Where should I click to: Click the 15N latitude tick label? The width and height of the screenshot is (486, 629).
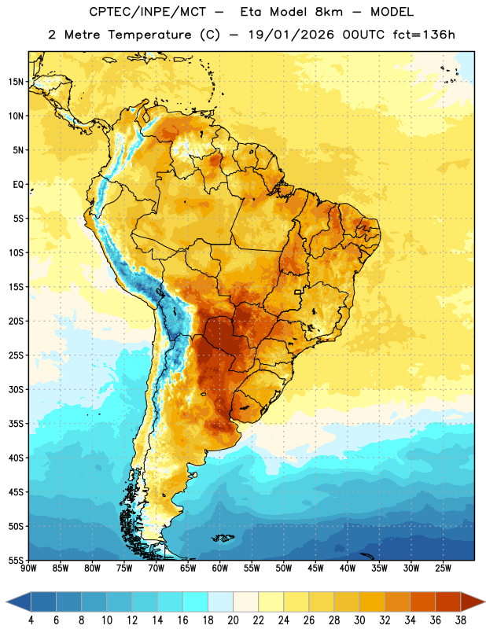(16, 82)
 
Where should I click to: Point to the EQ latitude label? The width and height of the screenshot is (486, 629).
(18, 185)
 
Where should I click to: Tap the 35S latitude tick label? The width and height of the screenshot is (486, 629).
(16, 424)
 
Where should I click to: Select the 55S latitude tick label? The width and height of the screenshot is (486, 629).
(16, 560)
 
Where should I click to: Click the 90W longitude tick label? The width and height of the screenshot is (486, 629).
(28, 568)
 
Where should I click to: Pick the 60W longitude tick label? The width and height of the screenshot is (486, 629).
(220, 568)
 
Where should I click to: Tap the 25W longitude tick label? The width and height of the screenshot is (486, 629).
(443, 568)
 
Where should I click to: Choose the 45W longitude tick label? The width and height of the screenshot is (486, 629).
(315, 568)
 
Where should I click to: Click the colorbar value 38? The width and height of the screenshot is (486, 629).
(461, 620)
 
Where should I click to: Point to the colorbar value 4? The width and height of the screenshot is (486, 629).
(31, 620)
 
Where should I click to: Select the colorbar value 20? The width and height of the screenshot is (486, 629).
(233, 620)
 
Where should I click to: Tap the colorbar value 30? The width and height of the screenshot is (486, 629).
(359, 620)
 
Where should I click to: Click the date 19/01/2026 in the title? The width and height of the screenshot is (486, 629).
(291, 35)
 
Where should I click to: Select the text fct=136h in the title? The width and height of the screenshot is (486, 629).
(424, 35)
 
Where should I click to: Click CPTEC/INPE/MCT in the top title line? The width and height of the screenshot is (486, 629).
(147, 12)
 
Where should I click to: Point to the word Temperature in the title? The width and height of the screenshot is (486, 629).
(149, 35)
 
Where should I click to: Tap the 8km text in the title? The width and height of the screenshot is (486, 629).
(329, 12)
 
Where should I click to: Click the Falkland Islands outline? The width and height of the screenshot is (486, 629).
(223, 538)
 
